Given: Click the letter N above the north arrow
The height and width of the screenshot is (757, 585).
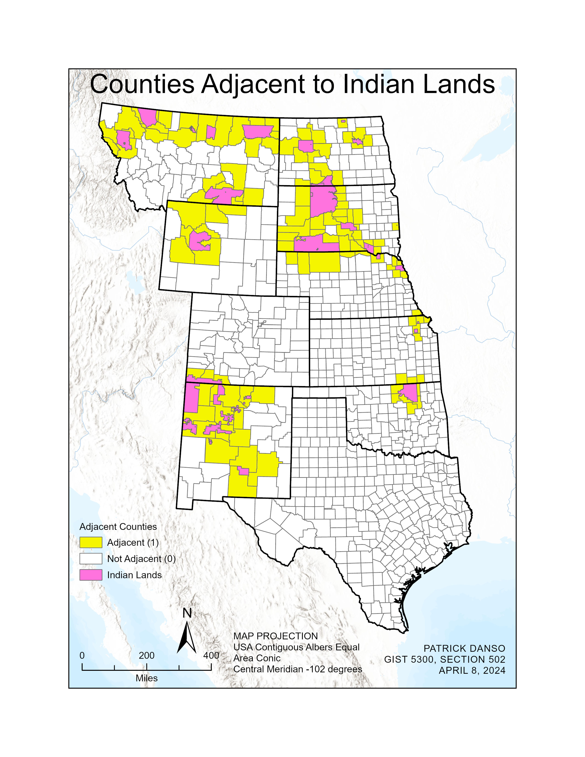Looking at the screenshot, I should coord(187,613).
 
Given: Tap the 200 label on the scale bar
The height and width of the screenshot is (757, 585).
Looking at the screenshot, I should coord(147,655).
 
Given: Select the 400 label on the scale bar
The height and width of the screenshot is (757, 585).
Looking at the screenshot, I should coord(211,655).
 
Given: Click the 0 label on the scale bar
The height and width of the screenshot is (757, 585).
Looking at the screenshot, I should coord(82,655).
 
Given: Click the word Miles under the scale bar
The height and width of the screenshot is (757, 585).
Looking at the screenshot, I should coord(147,678).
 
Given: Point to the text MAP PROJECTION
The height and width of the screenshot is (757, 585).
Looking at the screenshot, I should coord(276,636).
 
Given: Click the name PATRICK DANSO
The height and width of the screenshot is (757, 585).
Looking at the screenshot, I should coord(464,648).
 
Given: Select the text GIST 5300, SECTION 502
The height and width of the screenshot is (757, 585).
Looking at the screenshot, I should coord(445,659).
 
